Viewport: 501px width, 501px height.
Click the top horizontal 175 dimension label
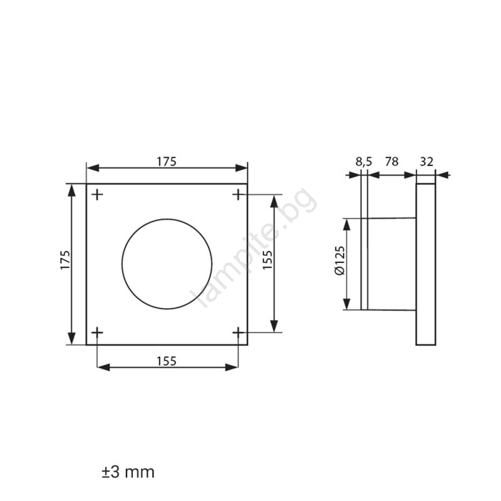point(167,162)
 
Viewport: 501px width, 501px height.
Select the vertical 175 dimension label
point(65,260)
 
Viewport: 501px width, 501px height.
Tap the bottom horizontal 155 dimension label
point(167,361)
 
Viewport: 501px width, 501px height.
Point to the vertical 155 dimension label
point(267,259)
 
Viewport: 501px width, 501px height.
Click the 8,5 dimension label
point(364,162)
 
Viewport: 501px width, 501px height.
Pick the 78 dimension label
point(392,162)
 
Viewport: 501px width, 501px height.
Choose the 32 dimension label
point(426,162)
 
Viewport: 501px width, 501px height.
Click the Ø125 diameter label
point(339,261)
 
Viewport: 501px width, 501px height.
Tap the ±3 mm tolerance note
point(128,472)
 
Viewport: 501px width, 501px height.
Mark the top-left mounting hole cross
point(98,194)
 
